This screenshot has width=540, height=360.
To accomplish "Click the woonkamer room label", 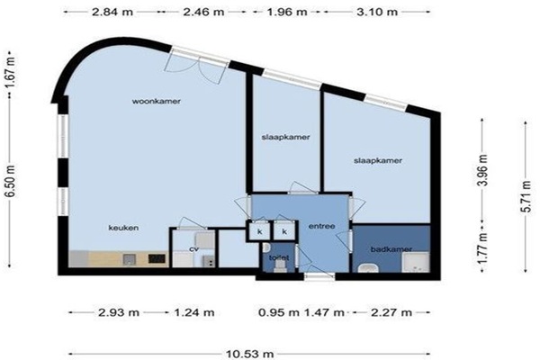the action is (157, 102).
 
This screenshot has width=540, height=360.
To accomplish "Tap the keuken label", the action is (123, 228).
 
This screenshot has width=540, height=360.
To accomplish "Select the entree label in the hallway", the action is (321, 226).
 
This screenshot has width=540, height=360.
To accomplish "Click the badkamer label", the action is (391, 249).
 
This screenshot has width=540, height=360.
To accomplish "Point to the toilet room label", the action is (279, 257).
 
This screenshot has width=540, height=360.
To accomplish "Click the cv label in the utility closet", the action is (194, 249).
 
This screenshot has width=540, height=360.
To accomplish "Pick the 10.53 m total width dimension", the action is (249, 354).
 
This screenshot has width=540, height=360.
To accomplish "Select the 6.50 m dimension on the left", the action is (11, 181).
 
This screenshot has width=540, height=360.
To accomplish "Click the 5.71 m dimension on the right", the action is (526, 196).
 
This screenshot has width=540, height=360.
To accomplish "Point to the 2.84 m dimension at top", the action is (112, 12).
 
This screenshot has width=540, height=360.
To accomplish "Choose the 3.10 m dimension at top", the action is (377, 12).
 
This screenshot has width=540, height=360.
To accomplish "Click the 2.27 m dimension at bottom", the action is (391, 312).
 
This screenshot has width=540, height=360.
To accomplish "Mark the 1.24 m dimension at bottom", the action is (194, 312).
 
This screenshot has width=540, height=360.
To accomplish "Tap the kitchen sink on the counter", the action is (129, 259).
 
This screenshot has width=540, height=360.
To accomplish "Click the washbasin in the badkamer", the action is (368, 268).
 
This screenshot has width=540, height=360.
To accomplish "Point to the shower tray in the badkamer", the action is (415, 262).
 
